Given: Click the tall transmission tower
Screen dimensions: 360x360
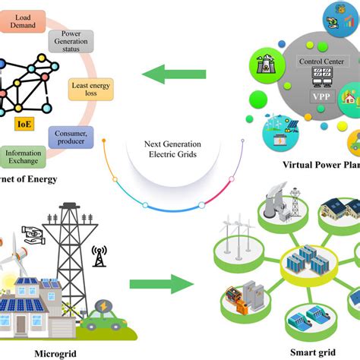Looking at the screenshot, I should click(x=70, y=251).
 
